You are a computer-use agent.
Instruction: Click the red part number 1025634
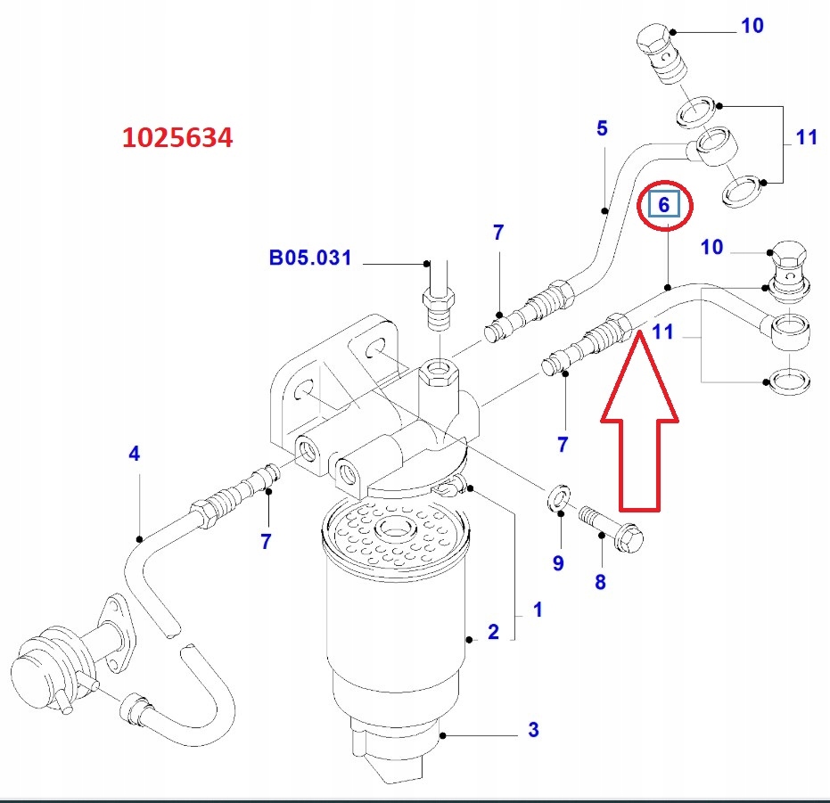pos(177,137)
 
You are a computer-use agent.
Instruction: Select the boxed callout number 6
pos(663,204)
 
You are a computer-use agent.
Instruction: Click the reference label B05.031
pos(310,258)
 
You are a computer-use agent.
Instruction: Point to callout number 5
pos(602,128)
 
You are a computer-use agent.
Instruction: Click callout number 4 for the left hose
pos(134,454)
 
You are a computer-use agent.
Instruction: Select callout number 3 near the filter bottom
pos(533,730)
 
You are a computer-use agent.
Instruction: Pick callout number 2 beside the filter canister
pos(493,632)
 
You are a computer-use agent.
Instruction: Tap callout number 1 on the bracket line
pos(538,610)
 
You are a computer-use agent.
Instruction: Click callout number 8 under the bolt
pos(600,582)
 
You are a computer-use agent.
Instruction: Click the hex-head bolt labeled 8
pos(611,527)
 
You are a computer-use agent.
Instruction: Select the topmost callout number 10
pos(752,26)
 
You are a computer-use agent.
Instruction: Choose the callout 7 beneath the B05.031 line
pos(497,233)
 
